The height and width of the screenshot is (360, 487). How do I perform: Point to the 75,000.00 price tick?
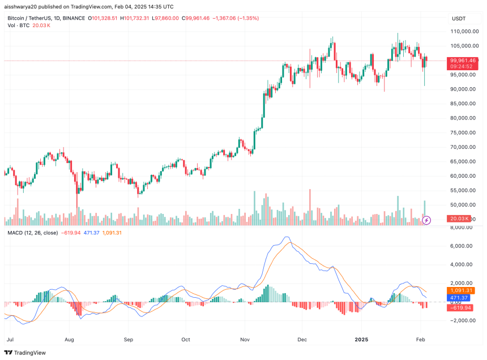(462, 132)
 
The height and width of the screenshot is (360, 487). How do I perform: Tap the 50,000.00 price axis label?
(462, 205)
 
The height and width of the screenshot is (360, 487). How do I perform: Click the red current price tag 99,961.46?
(463, 60)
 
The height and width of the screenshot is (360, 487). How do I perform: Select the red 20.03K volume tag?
(459, 218)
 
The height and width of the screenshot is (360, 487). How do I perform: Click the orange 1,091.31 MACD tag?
(462, 290)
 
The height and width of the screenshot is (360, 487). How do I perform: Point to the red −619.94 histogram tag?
(460, 307)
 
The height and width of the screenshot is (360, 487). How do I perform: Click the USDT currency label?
(458, 19)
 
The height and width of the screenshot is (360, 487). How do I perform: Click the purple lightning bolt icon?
(428, 219)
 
